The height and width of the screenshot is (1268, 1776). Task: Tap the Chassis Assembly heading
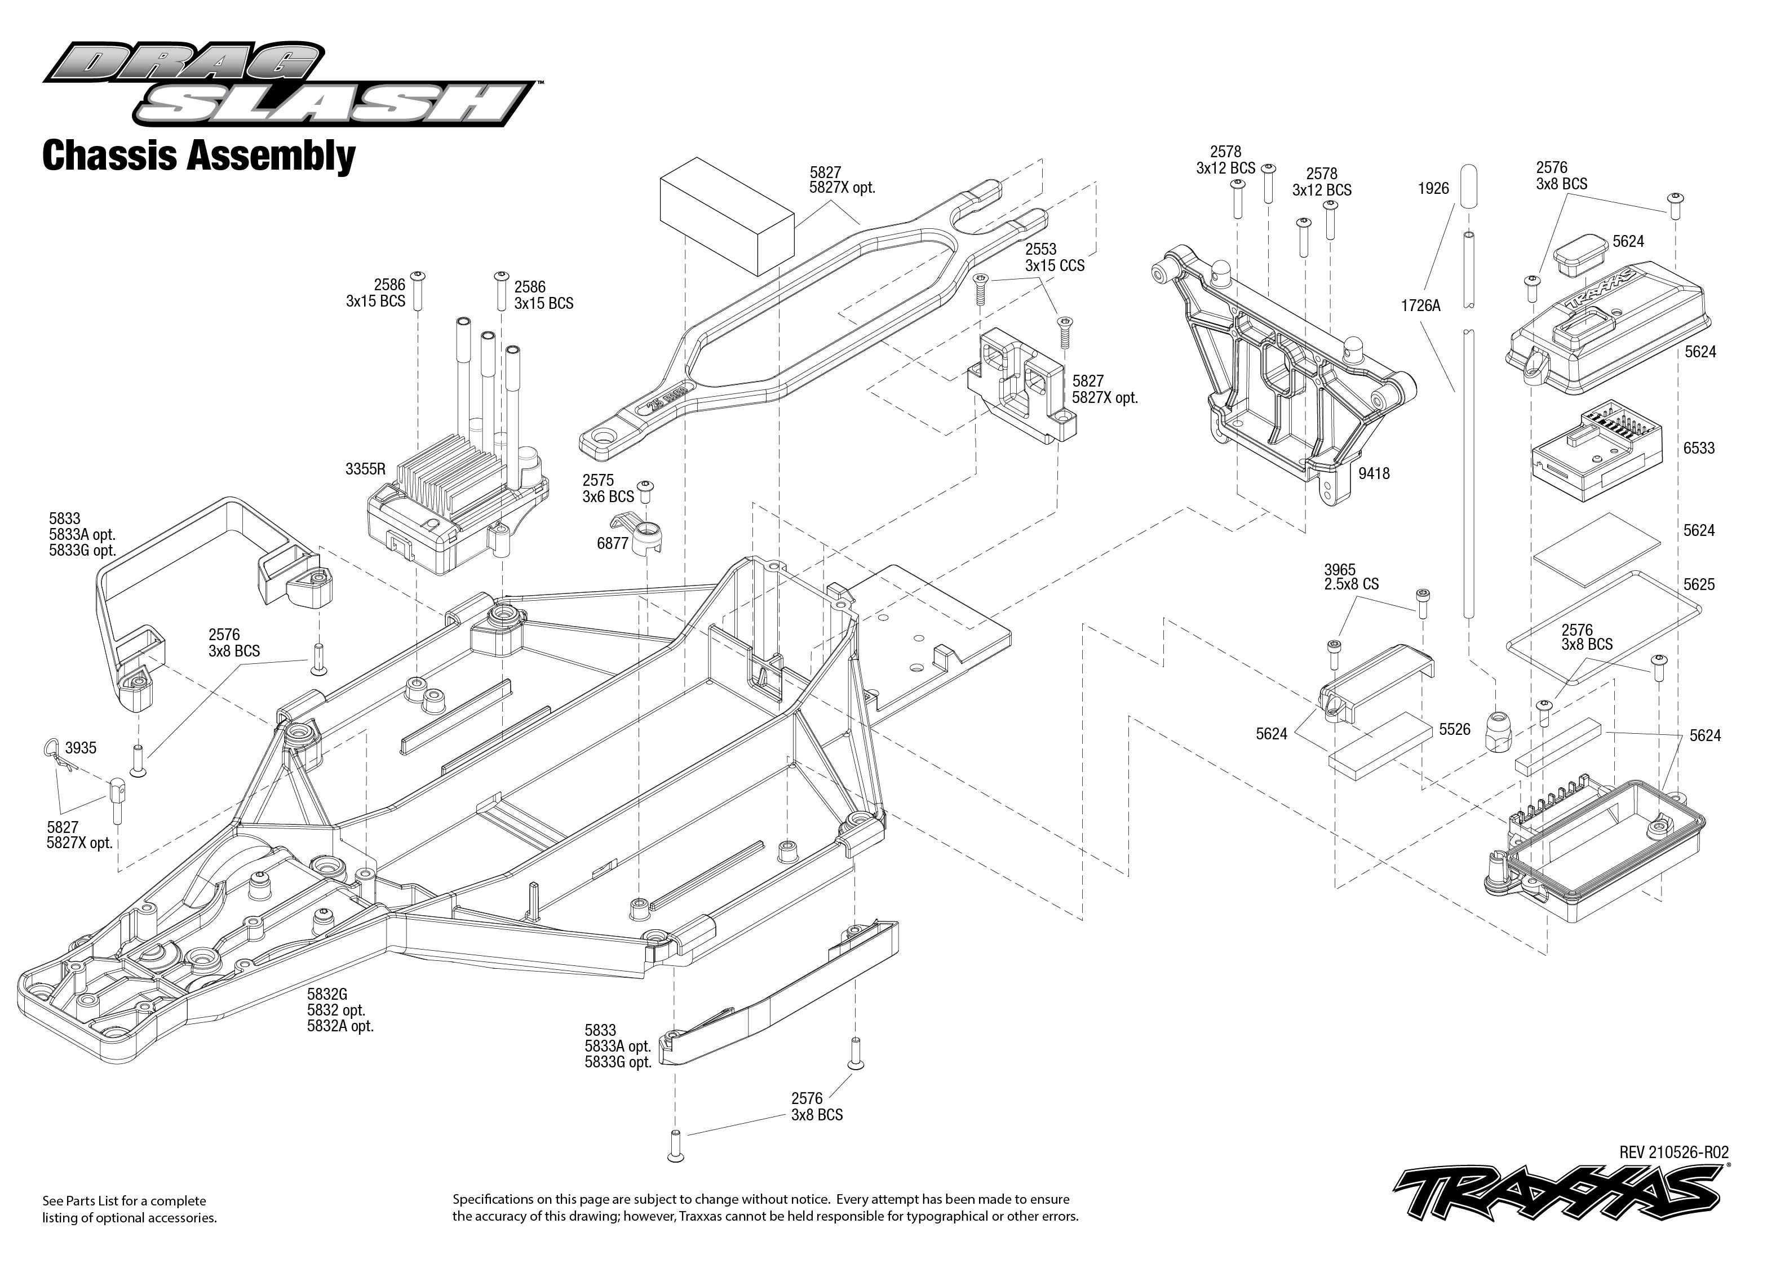point(198,156)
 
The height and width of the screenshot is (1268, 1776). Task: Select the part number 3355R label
point(365,469)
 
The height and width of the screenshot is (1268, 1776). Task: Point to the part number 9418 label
point(1374,473)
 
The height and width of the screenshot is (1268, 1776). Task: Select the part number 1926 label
point(1433,188)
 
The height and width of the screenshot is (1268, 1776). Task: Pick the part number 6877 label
point(613,543)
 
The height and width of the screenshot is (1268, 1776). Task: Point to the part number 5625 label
point(1699,584)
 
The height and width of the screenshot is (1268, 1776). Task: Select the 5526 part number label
point(1454,729)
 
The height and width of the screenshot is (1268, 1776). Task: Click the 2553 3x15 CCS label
point(1055,258)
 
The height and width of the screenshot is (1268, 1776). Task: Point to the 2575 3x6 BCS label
point(608,488)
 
